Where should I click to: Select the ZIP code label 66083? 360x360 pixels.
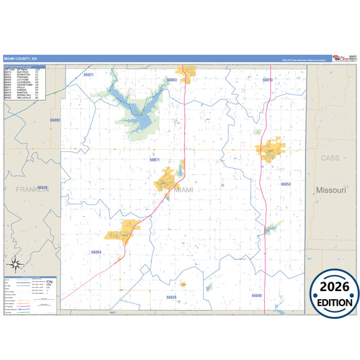coord(172,80)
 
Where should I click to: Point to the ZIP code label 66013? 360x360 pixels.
coord(267,80)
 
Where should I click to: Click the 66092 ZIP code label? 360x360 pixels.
coord(55,120)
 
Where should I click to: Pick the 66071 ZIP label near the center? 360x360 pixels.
coord(155,160)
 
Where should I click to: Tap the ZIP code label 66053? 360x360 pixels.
coord(285,184)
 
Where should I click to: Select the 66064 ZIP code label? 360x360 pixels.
coord(96,252)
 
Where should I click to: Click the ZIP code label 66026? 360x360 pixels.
coord(172,297)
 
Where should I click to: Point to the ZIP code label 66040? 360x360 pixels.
coord(257,295)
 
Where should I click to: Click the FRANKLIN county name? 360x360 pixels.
coord(32,190)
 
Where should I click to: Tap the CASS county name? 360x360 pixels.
coord(330,157)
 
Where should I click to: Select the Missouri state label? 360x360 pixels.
coord(330,190)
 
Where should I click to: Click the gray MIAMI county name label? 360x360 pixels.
coord(183,190)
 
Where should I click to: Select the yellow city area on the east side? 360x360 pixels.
coord(272,151)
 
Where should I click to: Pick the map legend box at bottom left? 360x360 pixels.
coord(30,294)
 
